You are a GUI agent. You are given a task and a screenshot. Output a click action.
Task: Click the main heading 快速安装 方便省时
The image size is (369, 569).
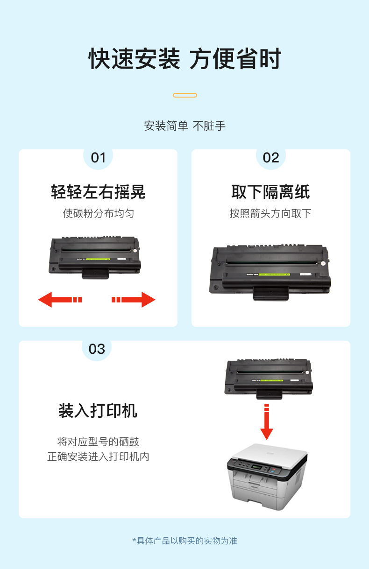185,59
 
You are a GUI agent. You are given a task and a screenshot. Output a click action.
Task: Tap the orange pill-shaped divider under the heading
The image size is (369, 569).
185,95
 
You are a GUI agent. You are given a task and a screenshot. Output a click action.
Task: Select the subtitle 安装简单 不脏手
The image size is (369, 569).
185,126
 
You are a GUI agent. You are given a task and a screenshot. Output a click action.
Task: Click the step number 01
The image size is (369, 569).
98,158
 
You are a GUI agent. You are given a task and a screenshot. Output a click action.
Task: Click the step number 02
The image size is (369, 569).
271,158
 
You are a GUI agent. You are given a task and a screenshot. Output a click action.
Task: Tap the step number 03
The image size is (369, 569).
97,349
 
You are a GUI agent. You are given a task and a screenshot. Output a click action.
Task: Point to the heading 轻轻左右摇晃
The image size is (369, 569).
98,192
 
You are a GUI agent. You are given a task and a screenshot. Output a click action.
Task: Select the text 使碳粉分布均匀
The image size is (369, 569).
99,213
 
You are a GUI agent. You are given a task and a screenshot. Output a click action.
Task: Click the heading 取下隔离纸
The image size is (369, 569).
270,192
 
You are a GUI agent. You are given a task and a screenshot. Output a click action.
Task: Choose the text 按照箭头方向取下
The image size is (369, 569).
270,213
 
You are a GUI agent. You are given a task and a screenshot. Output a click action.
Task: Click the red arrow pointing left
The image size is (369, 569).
60,300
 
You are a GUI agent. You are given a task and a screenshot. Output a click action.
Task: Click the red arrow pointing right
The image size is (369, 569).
134,300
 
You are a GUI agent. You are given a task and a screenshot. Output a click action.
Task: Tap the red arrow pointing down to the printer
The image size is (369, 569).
267,421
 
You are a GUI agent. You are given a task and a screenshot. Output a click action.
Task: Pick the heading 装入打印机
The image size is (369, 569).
98,411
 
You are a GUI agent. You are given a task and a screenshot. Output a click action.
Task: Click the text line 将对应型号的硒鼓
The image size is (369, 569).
98,442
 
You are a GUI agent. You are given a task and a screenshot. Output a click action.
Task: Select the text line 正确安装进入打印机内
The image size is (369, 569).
98,457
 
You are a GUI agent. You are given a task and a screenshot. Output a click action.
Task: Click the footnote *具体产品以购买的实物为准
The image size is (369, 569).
185,541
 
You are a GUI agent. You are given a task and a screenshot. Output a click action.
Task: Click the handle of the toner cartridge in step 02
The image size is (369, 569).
271,294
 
